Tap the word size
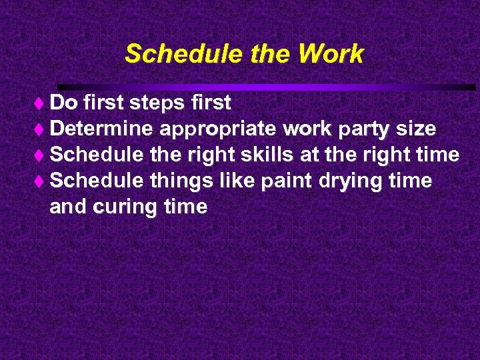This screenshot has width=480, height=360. (x=417, y=129)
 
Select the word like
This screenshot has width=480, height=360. (x=242, y=181)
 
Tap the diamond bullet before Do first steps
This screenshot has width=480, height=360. (x=43, y=103)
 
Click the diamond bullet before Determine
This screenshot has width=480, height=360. (x=43, y=129)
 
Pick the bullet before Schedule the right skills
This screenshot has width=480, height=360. (x=43, y=155)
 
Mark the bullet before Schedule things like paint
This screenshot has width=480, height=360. (x=43, y=181)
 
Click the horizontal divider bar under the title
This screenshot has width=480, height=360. (x=267, y=87)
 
